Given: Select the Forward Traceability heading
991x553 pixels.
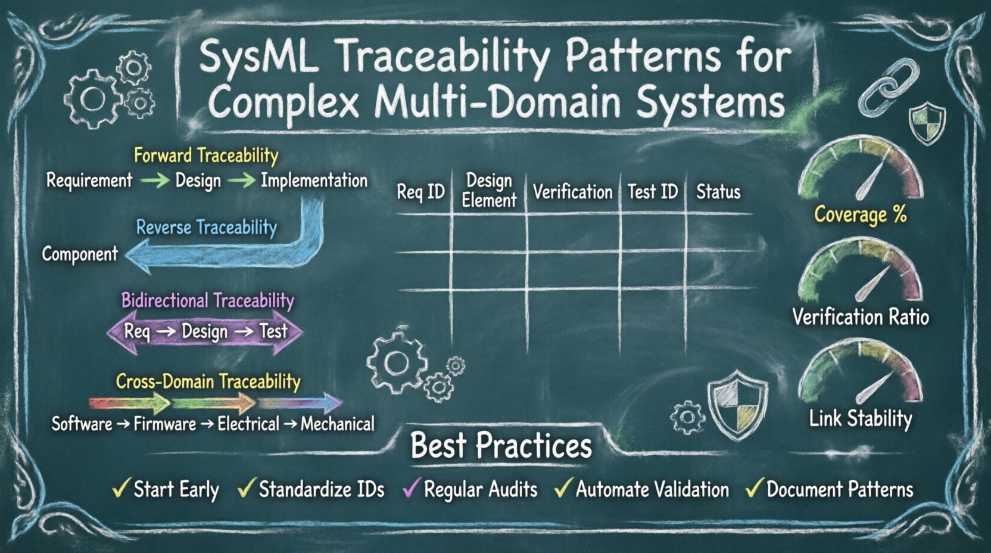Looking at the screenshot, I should coord(206,156).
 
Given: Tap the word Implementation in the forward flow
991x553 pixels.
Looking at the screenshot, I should coord(314,181).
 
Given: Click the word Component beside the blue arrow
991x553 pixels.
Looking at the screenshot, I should coord(80,254).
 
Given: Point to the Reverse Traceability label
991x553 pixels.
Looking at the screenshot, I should coord(206,228).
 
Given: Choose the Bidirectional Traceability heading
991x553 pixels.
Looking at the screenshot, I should coord(207,300).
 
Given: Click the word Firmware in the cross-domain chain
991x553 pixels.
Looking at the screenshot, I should coord(164,424).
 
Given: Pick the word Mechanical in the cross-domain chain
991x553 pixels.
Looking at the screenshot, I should coord(338,424).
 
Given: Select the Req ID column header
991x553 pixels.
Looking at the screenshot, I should coord(420,192).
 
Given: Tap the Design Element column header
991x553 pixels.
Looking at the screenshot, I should coord(489,191).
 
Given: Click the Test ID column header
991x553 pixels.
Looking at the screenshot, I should coord(653,192).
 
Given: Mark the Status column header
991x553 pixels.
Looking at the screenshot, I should coord(718,192).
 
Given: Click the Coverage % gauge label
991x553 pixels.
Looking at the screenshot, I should coord(861,215).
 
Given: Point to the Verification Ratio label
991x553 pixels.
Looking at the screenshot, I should coord(861,317).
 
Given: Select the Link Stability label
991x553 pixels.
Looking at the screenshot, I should coord(861,419).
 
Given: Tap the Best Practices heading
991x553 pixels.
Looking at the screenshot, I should coord(501,446).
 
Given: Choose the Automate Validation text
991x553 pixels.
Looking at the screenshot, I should coord(652,490).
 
